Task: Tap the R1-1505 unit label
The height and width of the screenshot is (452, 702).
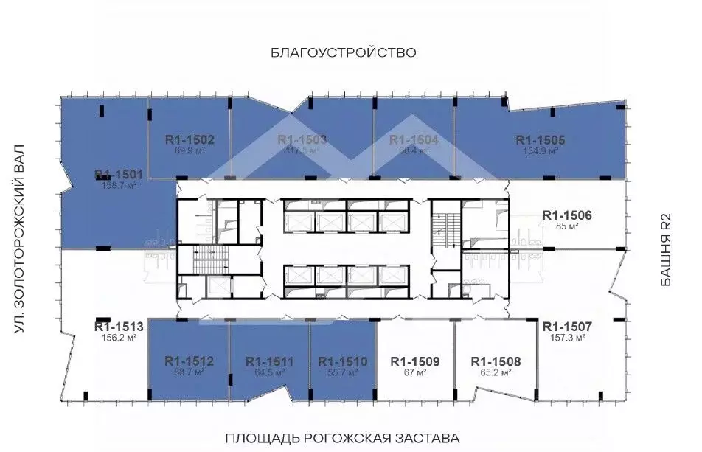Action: [541, 139]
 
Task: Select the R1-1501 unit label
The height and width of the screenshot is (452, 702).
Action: [119, 175]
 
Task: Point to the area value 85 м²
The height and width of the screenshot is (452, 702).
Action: [567, 226]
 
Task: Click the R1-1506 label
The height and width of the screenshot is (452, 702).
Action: [567, 215]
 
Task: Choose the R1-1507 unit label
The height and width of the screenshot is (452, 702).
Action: [567, 326]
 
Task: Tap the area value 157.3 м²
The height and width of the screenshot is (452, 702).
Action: [567, 338]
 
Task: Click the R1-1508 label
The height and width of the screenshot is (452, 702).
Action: [496, 361]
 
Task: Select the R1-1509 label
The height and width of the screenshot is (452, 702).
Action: [415, 361]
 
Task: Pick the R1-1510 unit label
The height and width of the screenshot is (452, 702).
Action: [342, 361]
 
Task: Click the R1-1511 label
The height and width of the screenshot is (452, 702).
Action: [269, 361]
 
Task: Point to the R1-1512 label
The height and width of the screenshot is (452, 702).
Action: [189, 361]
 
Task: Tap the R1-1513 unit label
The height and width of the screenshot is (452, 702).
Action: [118, 326]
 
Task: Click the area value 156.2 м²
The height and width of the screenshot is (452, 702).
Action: [118, 338]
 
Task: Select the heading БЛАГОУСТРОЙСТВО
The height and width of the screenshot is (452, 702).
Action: [344, 52]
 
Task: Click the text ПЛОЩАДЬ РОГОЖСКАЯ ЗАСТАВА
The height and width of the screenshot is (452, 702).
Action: [342, 437]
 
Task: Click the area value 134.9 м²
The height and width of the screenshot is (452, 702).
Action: [541, 151]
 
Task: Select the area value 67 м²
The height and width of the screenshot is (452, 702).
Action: [415, 373]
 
